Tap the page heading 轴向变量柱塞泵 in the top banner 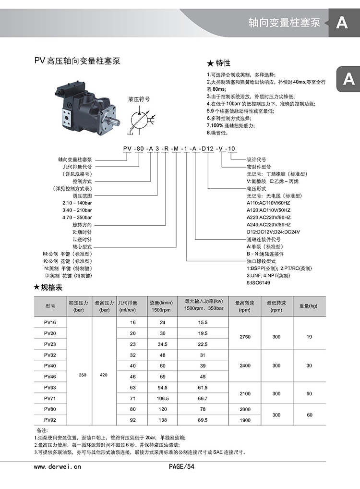[284, 23]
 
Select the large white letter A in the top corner [342, 23]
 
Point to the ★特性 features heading [219, 63]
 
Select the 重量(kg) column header [309, 306]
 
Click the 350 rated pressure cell [82, 374]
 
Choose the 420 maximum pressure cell [104, 374]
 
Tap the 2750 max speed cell [245, 337]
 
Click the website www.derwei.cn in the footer [58, 466]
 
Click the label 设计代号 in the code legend [256, 159]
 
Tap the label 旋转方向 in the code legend [82, 225]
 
